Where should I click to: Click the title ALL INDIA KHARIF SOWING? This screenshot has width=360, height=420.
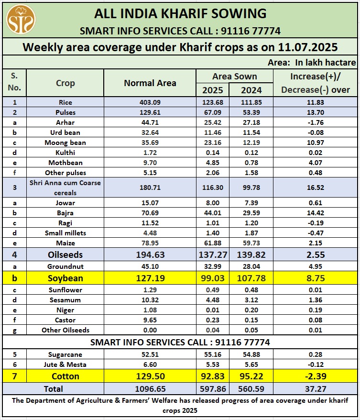(x=180, y=13)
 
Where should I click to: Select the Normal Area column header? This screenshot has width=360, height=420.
(x=150, y=83)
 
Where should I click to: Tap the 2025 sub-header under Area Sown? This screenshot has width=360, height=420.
(x=212, y=89)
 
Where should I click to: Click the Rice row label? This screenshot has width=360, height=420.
(x=65, y=102)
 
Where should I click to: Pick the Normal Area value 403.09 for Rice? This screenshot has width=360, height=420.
(x=150, y=102)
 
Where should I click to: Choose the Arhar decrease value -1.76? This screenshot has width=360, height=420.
(x=315, y=122)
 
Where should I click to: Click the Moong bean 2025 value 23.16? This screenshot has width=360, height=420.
(x=212, y=143)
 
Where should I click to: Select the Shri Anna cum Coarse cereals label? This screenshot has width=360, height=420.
(x=65, y=188)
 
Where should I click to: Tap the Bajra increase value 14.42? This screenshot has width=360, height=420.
(x=315, y=213)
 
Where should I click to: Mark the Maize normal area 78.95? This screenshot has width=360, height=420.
(x=150, y=243)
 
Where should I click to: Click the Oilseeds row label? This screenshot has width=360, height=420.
(x=65, y=254)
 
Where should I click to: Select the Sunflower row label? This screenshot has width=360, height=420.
(x=65, y=290)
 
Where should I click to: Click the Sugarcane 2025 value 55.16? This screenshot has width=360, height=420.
(x=212, y=354)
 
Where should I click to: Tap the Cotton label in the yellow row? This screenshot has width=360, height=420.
(x=65, y=376)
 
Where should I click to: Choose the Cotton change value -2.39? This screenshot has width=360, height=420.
(x=315, y=376)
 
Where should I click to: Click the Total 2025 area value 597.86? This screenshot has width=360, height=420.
(x=212, y=388)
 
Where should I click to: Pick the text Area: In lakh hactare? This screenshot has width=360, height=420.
(x=312, y=62)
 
